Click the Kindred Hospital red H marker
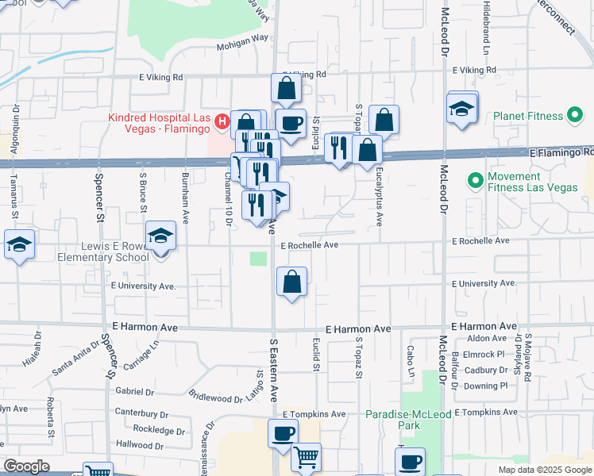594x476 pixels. [x=223, y=122]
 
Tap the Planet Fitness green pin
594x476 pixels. [x=573, y=116]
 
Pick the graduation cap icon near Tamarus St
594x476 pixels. [x=19, y=244]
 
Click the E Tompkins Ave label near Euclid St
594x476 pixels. [x=314, y=414]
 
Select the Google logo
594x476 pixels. [x=26, y=466]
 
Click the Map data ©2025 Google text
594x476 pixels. [x=545, y=470]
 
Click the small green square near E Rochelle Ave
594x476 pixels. [x=258, y=259]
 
